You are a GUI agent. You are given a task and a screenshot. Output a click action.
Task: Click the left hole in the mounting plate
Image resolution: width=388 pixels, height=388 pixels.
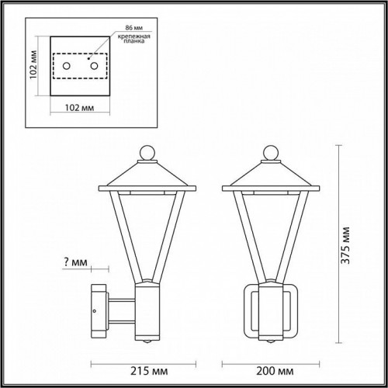(67, 67)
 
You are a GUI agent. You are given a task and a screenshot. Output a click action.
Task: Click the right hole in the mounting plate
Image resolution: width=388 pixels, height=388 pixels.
(95, 67)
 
